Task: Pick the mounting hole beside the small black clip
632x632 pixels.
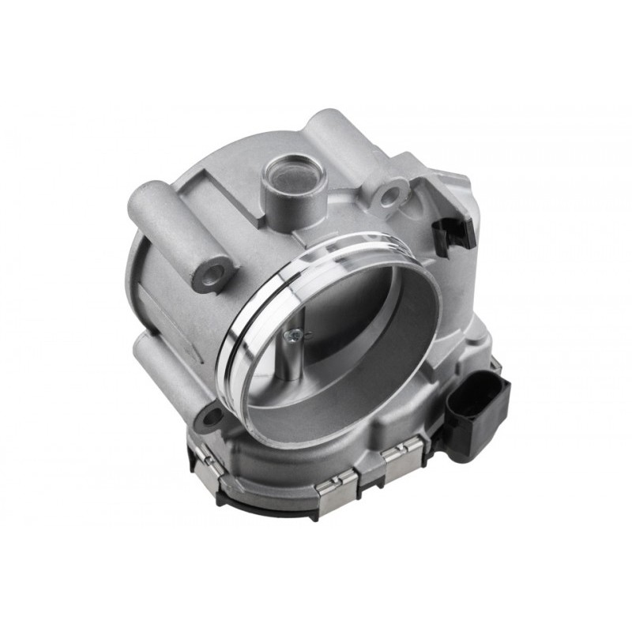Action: [x=391, y=194]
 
